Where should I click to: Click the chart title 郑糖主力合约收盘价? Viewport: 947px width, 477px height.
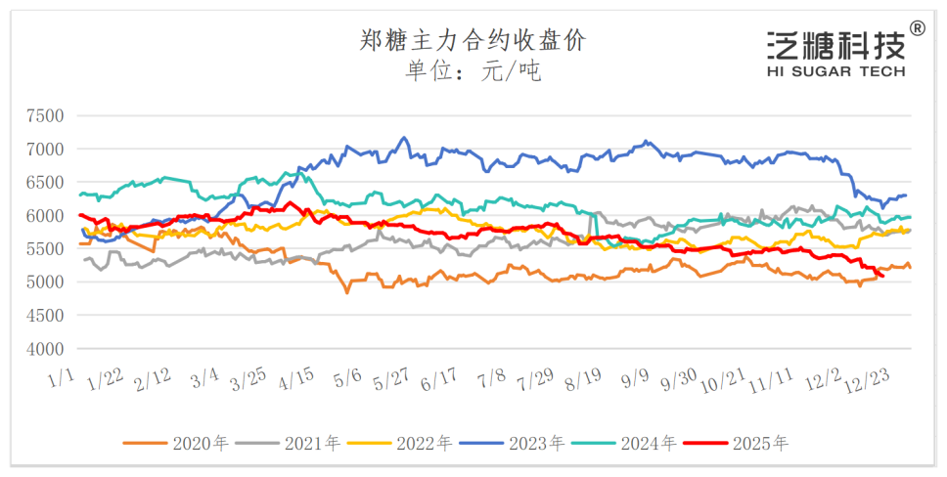click(x=473, y=40)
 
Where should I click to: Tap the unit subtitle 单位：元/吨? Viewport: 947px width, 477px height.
click(x=473, y=71)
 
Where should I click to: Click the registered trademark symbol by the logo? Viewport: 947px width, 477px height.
click(x=917, y=28)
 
